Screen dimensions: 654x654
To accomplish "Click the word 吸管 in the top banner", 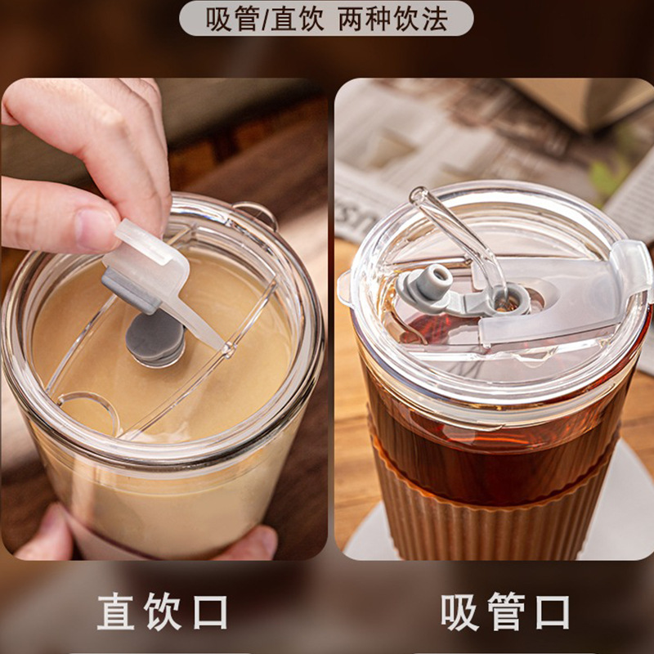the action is [x=231, y=19].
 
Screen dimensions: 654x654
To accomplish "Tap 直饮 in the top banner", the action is [x=297, y=19].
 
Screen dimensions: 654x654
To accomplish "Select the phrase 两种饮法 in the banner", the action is [x=393, y=19].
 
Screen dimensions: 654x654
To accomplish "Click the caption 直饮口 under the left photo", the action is [x=162, y=611].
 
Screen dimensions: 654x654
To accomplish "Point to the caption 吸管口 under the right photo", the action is [x=505, y=611].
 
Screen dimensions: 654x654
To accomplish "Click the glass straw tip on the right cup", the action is [x=418, y=195].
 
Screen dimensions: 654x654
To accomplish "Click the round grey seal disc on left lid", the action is [x=155, y=338].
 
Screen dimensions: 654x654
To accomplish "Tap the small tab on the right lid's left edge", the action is [x=344, y=288].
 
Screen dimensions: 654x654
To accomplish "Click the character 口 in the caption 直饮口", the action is [x=211, y=611].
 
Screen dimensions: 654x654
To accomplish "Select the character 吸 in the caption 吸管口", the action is [x=459, y=611].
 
